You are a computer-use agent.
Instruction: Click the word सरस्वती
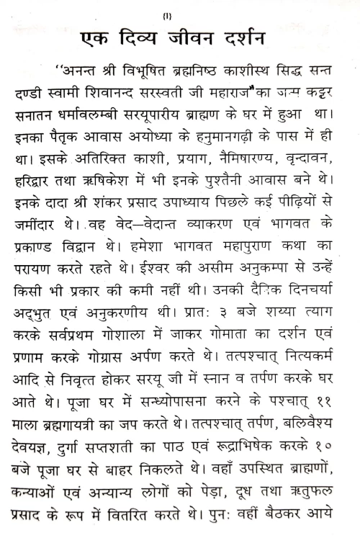point(195,94)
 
